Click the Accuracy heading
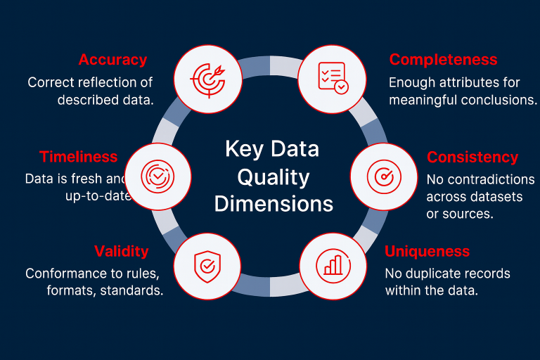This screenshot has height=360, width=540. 112,60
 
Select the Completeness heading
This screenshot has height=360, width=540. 443,60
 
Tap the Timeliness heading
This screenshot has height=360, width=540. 78,157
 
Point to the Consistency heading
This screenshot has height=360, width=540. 472,157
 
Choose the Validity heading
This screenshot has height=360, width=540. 122,251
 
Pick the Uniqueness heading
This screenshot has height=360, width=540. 427,251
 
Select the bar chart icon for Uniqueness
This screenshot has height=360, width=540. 333,264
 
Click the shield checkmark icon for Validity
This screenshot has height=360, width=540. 206,264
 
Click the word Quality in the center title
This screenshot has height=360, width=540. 273,176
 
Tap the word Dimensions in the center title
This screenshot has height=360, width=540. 274,204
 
